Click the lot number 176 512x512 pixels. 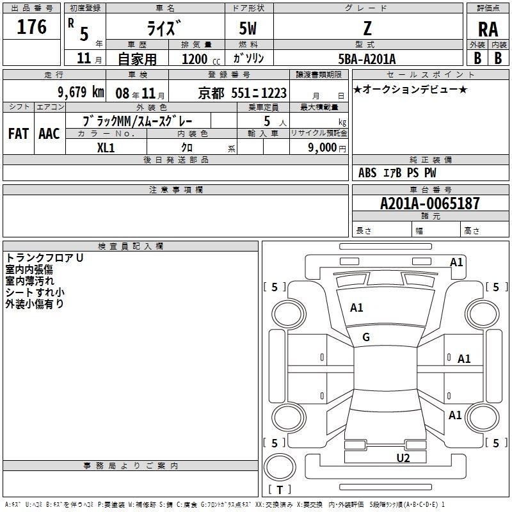31,27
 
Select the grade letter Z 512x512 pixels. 367,28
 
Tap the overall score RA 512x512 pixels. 488,29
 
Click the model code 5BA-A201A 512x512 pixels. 367,59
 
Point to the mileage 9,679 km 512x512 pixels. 81,92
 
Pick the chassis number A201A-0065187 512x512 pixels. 430,204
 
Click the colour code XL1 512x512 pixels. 106,148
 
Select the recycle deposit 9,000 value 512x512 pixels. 323,148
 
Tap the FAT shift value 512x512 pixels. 19,134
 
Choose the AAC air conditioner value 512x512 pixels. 49,134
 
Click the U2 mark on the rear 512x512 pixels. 403,458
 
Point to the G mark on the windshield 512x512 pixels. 366,337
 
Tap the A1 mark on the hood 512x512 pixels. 356,308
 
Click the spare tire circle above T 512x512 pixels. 280,467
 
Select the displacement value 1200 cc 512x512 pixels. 201,60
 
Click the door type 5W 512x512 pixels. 248,28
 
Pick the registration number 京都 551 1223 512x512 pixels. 243,93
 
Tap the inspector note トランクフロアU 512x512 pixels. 44,258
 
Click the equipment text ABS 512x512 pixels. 367,173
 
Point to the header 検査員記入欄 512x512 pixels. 131,246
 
